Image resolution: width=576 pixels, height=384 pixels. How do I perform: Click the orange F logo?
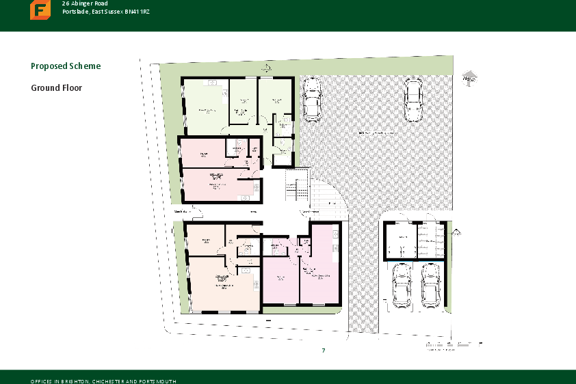(40, 10)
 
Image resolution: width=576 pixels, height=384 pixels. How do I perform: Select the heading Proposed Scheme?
(66, 66)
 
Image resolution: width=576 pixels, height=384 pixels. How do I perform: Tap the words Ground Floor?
(57, 88)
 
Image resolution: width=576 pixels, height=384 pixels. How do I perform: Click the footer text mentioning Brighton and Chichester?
(103, 381)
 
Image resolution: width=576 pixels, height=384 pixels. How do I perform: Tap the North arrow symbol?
(469, 77)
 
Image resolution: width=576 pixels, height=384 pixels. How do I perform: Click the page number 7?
(323, 351)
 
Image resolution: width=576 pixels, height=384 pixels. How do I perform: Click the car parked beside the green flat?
(311, 98)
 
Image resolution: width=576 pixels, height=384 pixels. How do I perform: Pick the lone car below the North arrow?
(413, 100)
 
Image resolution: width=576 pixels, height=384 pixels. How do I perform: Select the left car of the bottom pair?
(401, 285)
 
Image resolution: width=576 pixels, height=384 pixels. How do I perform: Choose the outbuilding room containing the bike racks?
(431, 241)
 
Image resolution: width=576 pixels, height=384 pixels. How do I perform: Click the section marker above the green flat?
(264, 68)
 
